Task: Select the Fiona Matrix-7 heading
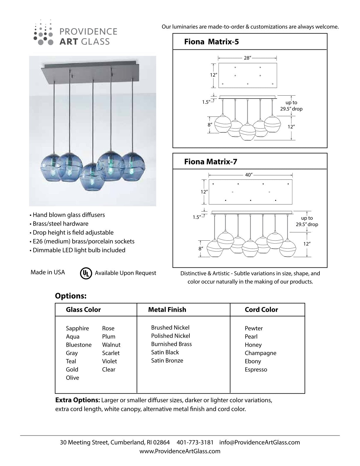click(x=211, y=162)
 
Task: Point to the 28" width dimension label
click(x=247, y=58)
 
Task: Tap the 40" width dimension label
click(x=249, y=175)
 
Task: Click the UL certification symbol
click(x=86, y=273)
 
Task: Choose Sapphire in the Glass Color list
click(x=77, y=328)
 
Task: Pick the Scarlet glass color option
click(x=111, y=353)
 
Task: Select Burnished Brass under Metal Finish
click(x=171, y=344)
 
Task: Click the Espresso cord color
click(x=256, y=370)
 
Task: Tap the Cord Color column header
click(x=261, y=309)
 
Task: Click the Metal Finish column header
click(x=167, y=309)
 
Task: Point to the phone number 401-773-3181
click(x=195, y=442)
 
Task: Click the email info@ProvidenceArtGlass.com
click(x=259, y=442)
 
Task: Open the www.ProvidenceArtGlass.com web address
click(x=180, y=451)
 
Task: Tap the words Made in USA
click(x=48, y=272)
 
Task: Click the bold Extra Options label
click(x=78, y=400)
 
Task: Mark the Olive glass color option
click(x=72, y=378)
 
